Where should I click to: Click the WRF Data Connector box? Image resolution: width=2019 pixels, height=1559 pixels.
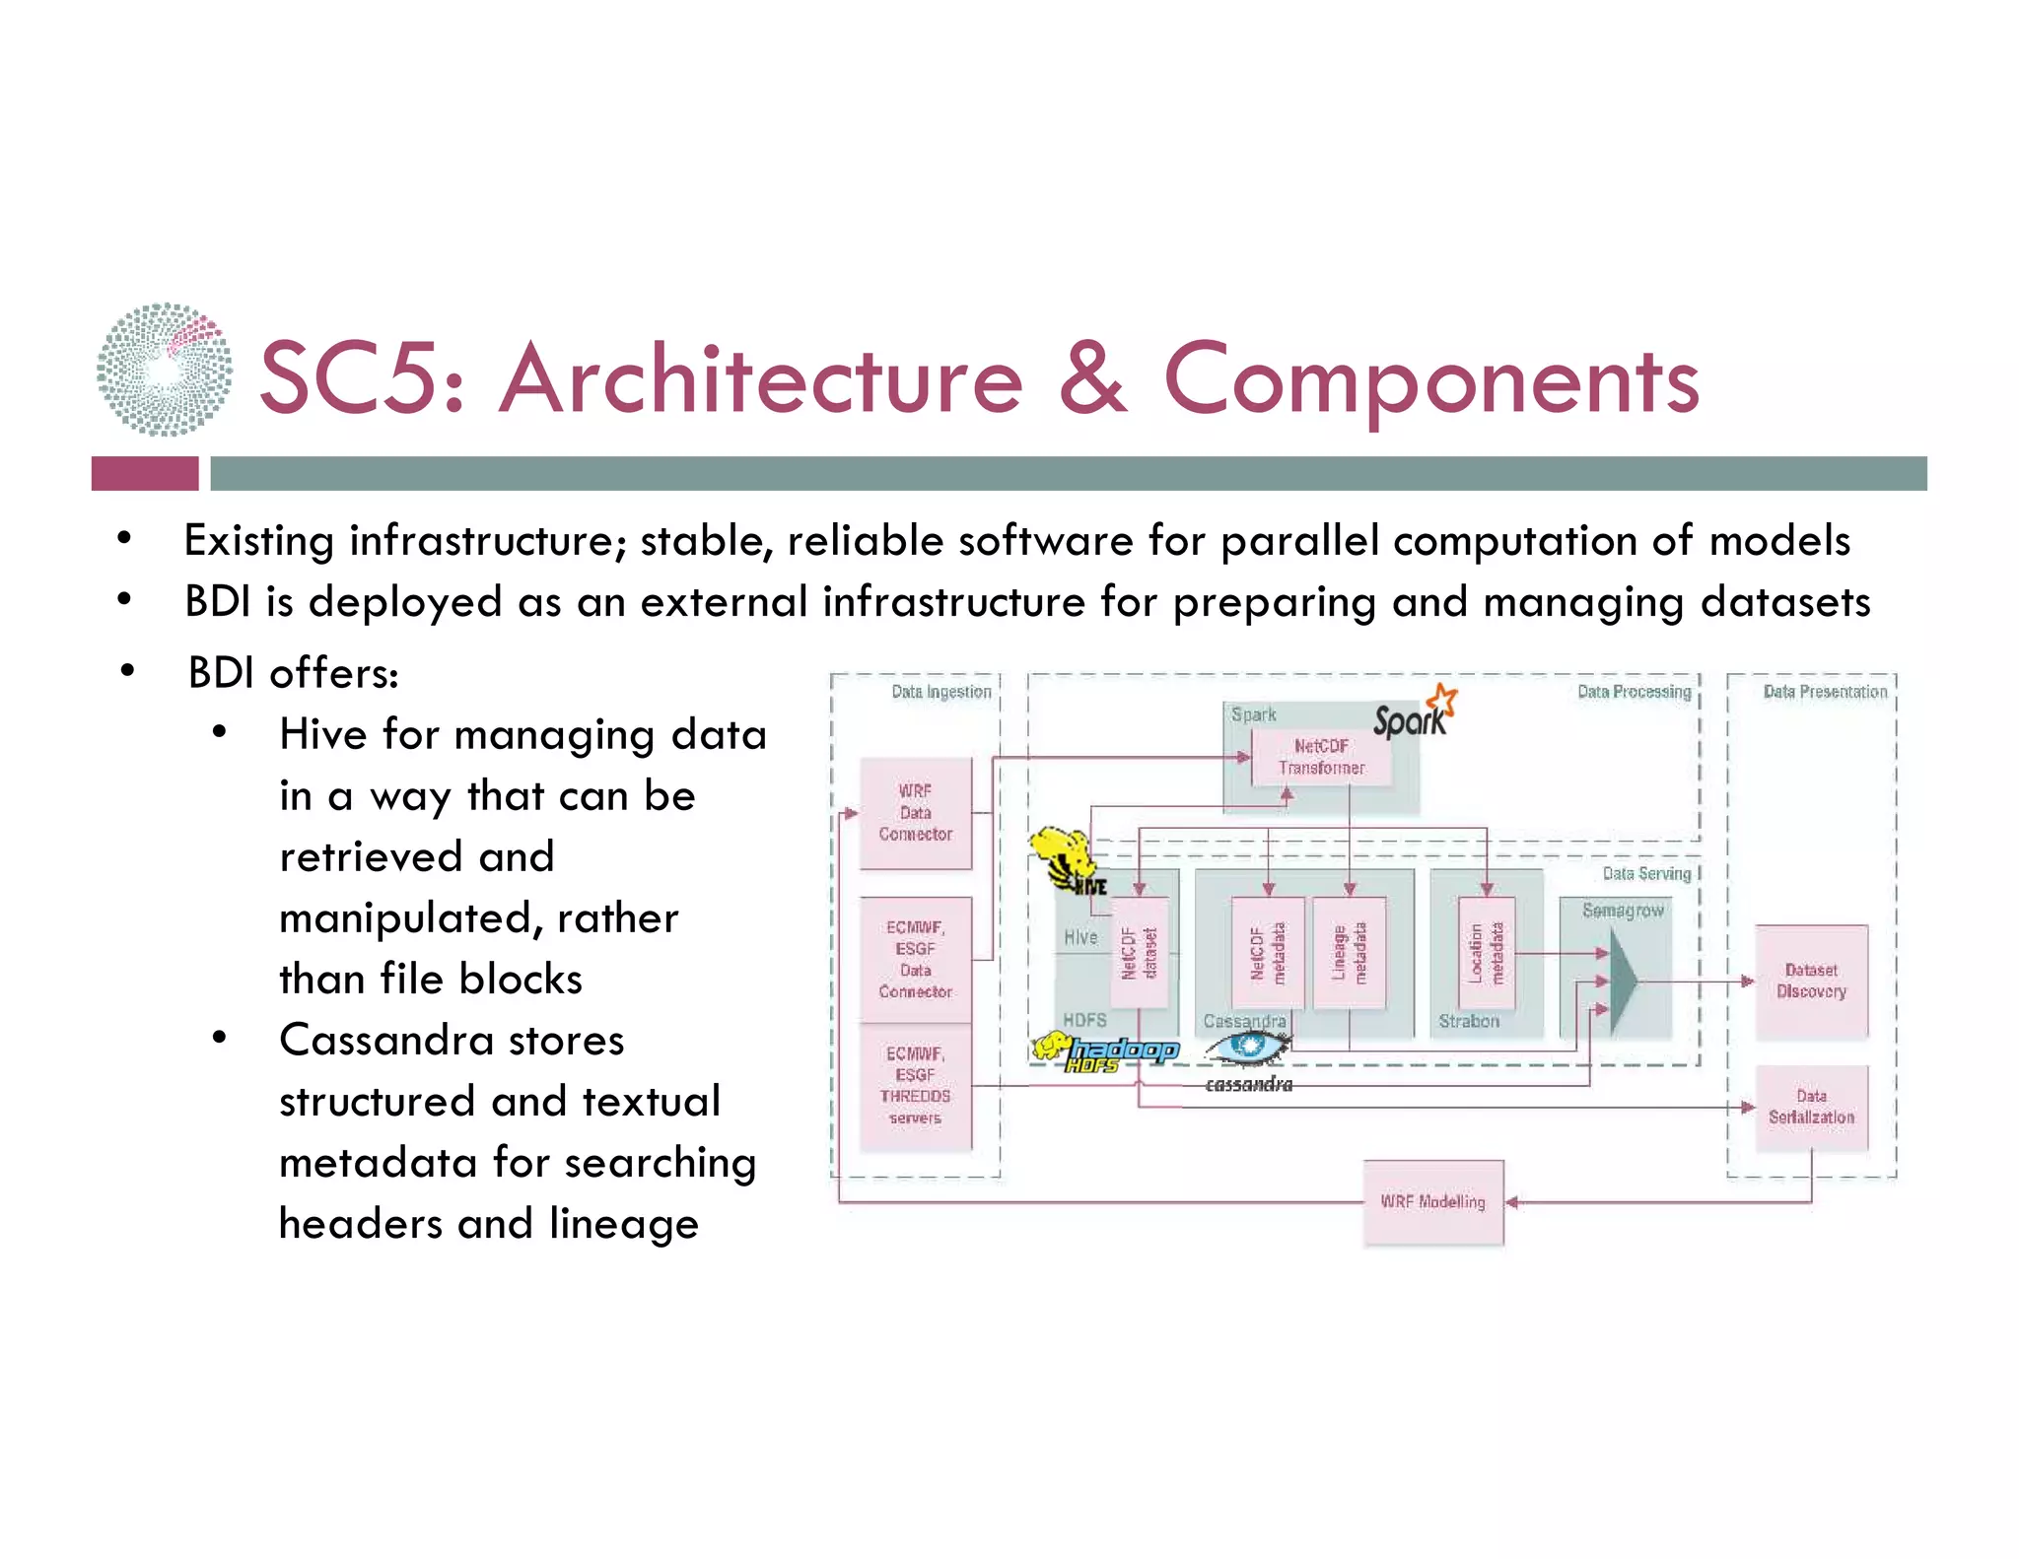[x=915, y=813]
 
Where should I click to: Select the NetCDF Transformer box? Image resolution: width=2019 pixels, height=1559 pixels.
[x=1321, y=757]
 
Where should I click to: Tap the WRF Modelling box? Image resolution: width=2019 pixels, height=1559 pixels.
[x=1432, y=1202]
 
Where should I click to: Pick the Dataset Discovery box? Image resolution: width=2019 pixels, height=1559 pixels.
[x=1811, y=982]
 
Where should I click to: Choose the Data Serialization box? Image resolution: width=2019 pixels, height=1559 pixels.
[x=1811, y=1108]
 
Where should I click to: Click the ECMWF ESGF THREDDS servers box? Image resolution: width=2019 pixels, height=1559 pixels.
[x=915, y=1086]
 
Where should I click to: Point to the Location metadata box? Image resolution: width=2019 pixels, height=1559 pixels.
[x=1486, y=953]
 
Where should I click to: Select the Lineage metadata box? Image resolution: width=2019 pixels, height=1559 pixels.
[x=1350, y=953]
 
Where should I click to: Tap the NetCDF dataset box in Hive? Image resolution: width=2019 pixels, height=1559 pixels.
[x=1140, y=953]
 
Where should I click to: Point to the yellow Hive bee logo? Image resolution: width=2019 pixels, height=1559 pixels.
[x=1063, y=855]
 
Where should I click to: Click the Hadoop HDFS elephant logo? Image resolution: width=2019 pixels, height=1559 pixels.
[x=1105, y=1051]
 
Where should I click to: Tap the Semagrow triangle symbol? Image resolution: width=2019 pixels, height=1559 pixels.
[x=1623, y=982]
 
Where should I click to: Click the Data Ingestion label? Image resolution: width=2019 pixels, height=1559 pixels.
[x=940, y=692]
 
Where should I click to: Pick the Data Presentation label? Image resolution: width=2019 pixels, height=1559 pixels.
[x=1825, y=692]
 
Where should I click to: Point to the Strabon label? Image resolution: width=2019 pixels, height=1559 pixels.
[x=1468, y=1022]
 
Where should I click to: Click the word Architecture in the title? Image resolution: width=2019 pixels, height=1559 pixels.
[x=761, y=379]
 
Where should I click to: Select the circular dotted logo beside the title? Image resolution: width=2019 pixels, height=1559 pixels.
[x=165, y=370]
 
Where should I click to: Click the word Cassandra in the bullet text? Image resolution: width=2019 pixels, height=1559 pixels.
[x=452, y=1041]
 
